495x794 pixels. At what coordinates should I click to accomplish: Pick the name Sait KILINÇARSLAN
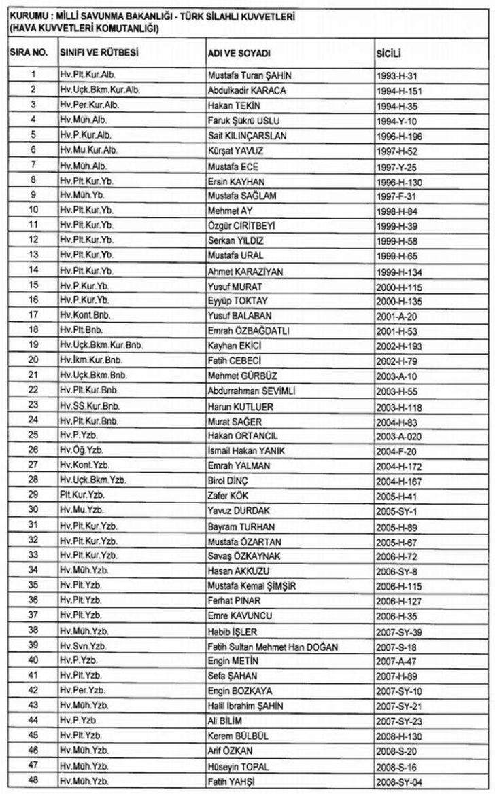click(247, 136)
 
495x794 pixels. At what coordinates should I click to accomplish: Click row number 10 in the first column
click(33, 210)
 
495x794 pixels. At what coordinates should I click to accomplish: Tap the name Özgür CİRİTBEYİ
click(245, 225)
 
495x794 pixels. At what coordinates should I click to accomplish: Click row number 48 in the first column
click(33, 780)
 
